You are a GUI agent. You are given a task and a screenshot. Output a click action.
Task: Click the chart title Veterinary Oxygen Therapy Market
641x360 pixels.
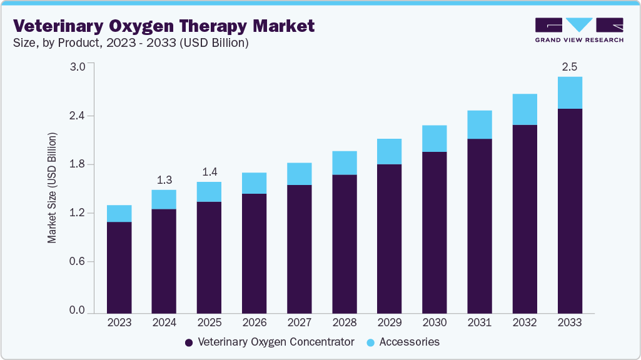point(164,26)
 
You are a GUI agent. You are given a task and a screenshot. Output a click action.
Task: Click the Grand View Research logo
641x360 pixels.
point(579,30)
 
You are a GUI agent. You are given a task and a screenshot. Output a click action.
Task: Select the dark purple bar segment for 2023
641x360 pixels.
point(119,267)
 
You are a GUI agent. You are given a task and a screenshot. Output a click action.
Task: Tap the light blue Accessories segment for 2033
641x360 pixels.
point(570,92)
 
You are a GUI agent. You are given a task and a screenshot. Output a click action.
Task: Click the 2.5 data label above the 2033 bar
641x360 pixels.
point(570,66)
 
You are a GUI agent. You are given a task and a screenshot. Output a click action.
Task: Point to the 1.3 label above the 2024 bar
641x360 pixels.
point(164,180)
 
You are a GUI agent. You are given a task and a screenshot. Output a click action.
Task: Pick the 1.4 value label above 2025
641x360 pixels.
point(209,172)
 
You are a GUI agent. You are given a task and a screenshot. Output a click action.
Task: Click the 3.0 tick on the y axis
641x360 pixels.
point(77,67)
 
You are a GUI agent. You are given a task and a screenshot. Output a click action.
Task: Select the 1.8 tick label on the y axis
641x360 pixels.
point(77,165)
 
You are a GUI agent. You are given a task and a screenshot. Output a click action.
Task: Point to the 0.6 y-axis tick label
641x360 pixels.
point(77,262)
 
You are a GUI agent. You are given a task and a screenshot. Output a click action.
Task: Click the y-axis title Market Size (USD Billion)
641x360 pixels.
point(53,188)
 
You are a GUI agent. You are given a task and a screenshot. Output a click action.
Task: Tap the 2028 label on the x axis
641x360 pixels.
point(345,323)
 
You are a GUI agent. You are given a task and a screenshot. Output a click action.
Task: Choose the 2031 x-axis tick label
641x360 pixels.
point(480,323)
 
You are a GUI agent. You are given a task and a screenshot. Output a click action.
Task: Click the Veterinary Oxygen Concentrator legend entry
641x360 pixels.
point(276,342)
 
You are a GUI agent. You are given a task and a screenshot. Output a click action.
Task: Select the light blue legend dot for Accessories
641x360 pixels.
point(370,342)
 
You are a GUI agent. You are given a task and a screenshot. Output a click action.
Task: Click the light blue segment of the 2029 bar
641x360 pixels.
point(390,151)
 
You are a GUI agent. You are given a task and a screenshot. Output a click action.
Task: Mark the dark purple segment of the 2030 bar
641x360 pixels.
point(435,232)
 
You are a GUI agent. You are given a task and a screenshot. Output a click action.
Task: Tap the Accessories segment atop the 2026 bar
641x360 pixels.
point(254,183)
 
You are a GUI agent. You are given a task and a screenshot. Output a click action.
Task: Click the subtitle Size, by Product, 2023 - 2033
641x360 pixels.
point(131,43)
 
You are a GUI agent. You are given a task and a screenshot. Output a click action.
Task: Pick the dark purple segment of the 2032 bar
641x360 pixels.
point(525,219)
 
